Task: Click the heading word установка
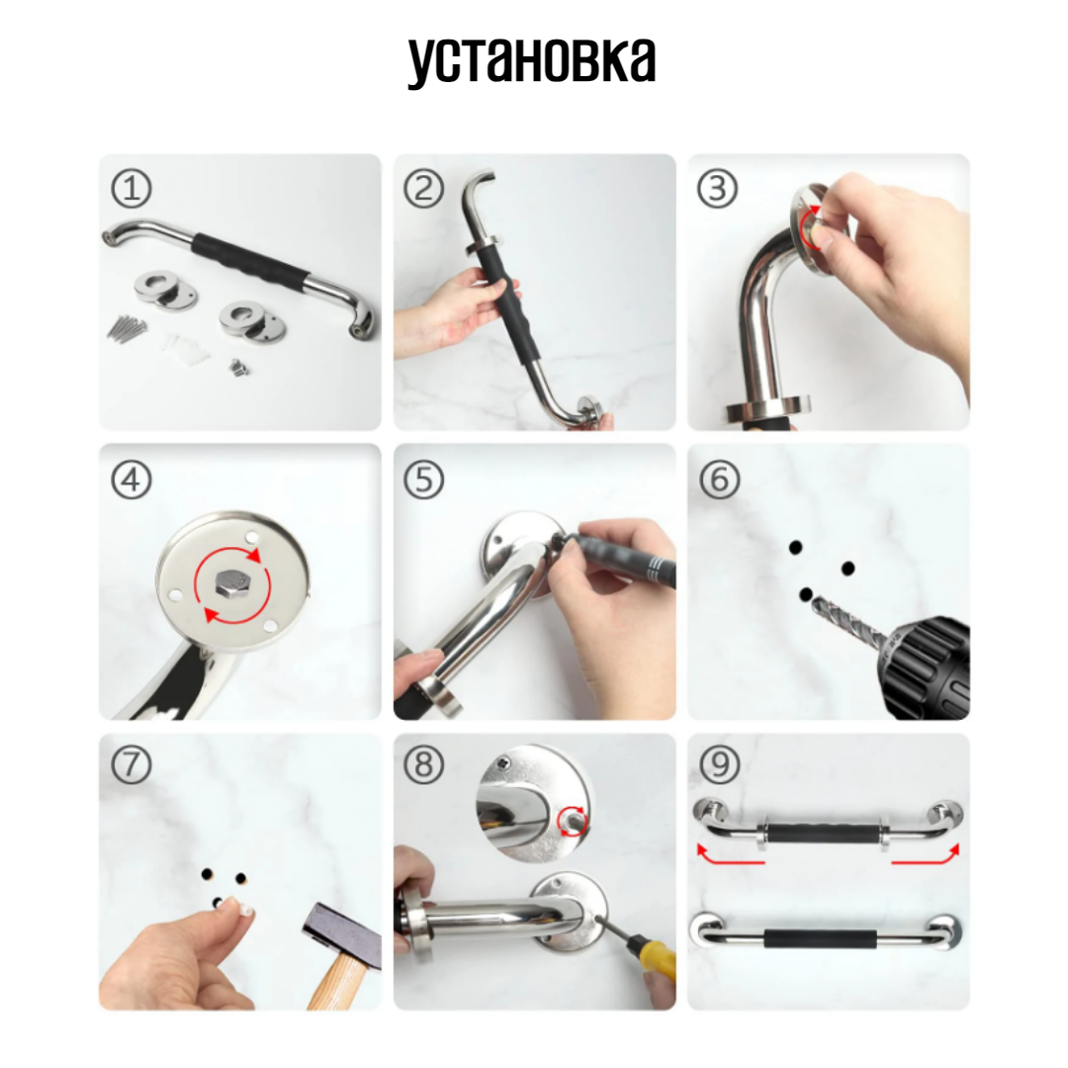pos(531,62)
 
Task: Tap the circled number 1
pos(131,189)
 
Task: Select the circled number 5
pos(423,480)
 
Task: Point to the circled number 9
pos(719,764)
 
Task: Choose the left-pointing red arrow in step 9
pos(730,855)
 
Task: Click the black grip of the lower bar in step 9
pos(820,939)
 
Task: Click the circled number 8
pos(423,764)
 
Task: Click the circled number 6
pos(719,480)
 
